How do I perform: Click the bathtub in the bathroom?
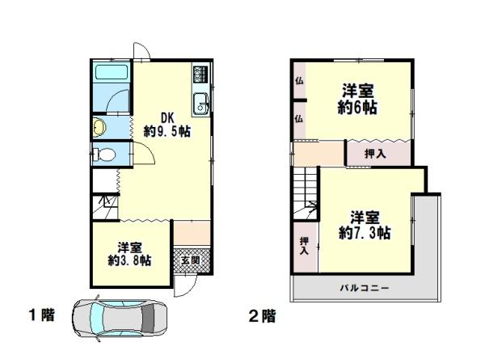112,72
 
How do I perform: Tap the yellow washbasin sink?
100,127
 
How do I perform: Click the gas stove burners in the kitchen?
200,74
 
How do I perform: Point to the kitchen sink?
200,103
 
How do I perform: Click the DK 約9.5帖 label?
167,125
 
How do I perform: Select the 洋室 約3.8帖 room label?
129,254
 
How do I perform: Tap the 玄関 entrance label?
191,260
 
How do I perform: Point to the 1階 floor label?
41,316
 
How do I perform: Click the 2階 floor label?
262,316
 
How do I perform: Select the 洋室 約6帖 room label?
357,99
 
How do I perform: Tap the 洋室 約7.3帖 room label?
365,225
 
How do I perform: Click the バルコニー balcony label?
365,289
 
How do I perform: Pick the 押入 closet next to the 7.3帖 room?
305,246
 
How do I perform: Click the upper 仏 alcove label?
299,81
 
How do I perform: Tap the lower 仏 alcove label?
299,118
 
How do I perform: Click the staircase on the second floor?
306,193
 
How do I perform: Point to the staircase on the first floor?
105,206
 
